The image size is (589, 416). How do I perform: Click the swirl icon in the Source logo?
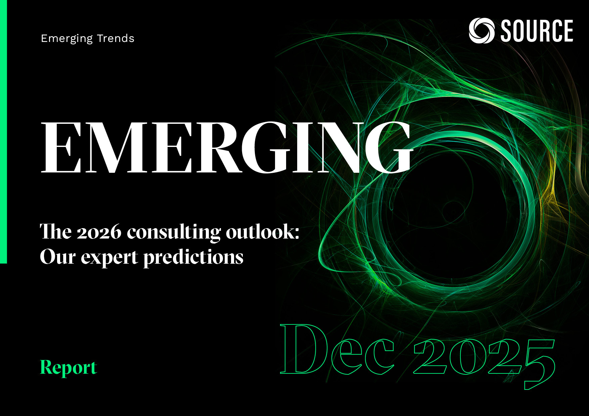pyautogui.click(x=481, y=31)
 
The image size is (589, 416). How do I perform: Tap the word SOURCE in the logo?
pyautogui.click(x=537, y=31)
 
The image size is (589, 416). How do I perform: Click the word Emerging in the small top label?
pyautogui.click(x=66, y=39)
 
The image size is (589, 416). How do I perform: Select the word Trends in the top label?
pyautogui.click(x=116, y=38)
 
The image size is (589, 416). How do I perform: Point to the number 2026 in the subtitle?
pyautogui.click(x=99, y=232)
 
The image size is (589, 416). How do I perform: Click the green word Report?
pyautogui.click(x=69, y=368)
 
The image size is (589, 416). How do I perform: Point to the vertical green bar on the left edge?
pyautogui.click(x=3, y=134)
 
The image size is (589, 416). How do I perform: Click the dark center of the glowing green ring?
pyautogui.click(x=450, y=215)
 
